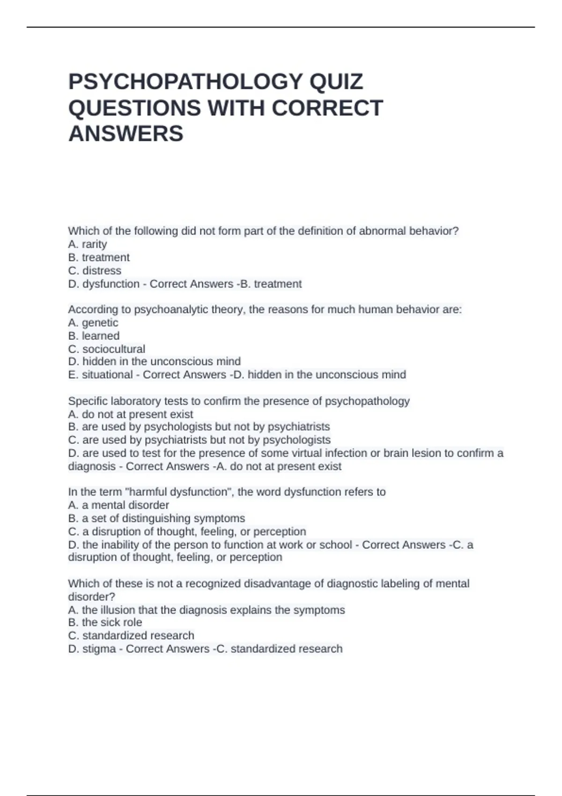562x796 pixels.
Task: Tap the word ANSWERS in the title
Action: (126, 133)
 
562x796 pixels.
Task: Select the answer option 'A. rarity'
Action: (88, 244)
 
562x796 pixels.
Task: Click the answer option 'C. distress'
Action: (95, 271)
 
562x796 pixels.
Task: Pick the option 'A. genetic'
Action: (93, 323)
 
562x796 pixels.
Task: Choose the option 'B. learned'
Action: (94, 336)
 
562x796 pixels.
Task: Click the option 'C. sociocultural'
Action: (107, 349)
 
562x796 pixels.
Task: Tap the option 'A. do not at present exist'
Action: (131, 414)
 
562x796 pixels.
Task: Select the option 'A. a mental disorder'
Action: (118, 505)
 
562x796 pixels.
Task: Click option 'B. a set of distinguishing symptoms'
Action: (156, 518)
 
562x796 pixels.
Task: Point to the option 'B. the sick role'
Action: (105, 622)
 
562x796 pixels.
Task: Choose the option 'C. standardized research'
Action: (131, 635)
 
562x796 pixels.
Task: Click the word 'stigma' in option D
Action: (99, 649)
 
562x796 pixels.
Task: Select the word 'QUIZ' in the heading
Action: (336, 81)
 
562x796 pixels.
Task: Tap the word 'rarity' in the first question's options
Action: (94, 244)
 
